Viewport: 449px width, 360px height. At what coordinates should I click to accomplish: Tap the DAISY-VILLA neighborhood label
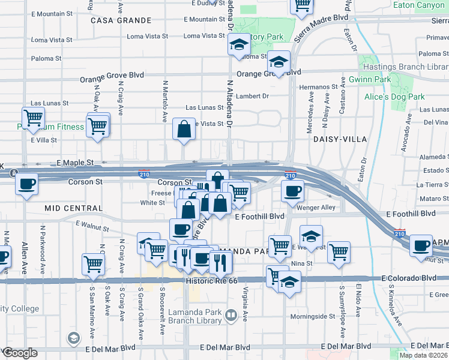tap(339, 139)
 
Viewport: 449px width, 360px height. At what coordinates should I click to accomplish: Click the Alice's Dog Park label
tap(394, 97)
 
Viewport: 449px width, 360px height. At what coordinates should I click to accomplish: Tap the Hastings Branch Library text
tap(406, 67)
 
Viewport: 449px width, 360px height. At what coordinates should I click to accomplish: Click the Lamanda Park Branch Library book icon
tap(231, 314)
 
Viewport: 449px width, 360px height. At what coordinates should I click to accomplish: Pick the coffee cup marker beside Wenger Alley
tap(292, 191)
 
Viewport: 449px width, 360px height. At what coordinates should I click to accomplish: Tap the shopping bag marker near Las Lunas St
tap(184, 128)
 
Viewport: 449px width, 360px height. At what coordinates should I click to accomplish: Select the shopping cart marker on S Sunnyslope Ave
tap(339, 251)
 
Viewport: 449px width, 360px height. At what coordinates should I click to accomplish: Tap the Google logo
tap(20, 353)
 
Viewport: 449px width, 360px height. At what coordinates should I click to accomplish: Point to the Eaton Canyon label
tap(420, 5)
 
